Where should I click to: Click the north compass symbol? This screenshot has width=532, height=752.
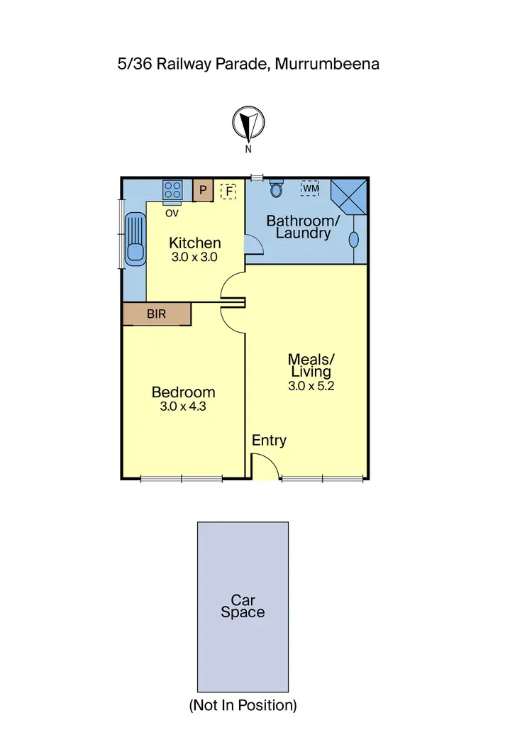[x=248, y=124]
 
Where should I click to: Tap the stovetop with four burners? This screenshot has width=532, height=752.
[x=173, y=189]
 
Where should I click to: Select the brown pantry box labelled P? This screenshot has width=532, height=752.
[x=203, y=190]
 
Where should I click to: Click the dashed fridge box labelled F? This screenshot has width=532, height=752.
[x=228, y=190]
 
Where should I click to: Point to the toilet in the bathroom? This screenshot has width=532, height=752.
[x=277, y=189]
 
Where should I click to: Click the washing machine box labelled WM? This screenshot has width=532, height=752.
[x=310, y=188]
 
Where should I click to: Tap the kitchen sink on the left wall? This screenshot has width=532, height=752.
[x=134, y=238]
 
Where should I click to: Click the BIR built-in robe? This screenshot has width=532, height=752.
[x=157, y=314]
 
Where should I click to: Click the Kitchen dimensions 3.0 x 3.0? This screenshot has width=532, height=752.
[x=194, y=258]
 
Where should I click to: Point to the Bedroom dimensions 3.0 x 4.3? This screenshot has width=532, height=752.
[x=183, y=407]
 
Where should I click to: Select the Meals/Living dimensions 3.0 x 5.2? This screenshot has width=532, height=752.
[x=311, y=387]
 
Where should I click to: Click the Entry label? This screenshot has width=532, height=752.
[x=270, y=441]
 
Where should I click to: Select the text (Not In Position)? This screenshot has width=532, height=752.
[x=242, y=705]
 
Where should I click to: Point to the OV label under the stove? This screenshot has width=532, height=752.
[x=172, y=212]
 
